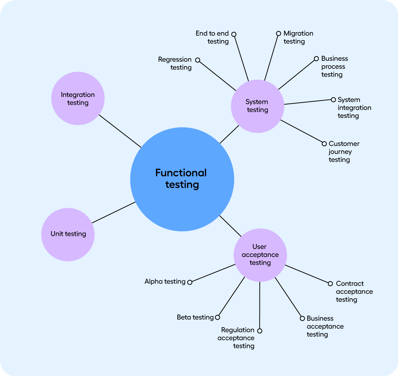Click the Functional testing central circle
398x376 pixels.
click(x=182, y=179)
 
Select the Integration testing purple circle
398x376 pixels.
click(x=78, y=98)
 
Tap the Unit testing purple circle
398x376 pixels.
click(x=68, y=235)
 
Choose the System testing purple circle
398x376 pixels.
click(x=257, y=106)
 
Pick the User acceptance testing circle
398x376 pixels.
click(x=260, y=255)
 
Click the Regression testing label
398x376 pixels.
click(x=175, y=63)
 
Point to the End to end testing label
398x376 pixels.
click(x=212, y=37)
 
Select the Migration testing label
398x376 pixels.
click(x=298, y=37)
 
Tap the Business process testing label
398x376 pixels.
click(x=334, y=67)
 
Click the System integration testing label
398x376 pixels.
click(x=354, y=108)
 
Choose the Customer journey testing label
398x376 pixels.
click(x=344, y=152)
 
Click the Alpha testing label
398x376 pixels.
click(x=165, y=281)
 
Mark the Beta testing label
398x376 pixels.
click(x=195, y=317)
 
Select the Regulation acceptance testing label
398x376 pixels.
click(x=236, y=338)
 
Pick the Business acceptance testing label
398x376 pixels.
click(x=325, y=326)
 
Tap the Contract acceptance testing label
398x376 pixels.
click(x=354, y=292)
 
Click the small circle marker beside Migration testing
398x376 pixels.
click(x=279, y=33)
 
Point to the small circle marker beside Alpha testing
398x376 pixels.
click(x=190, y=282)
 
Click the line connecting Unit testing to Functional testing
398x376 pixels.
click(x=114, y=213)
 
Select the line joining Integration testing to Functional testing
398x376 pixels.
click(x=120, y=131)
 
